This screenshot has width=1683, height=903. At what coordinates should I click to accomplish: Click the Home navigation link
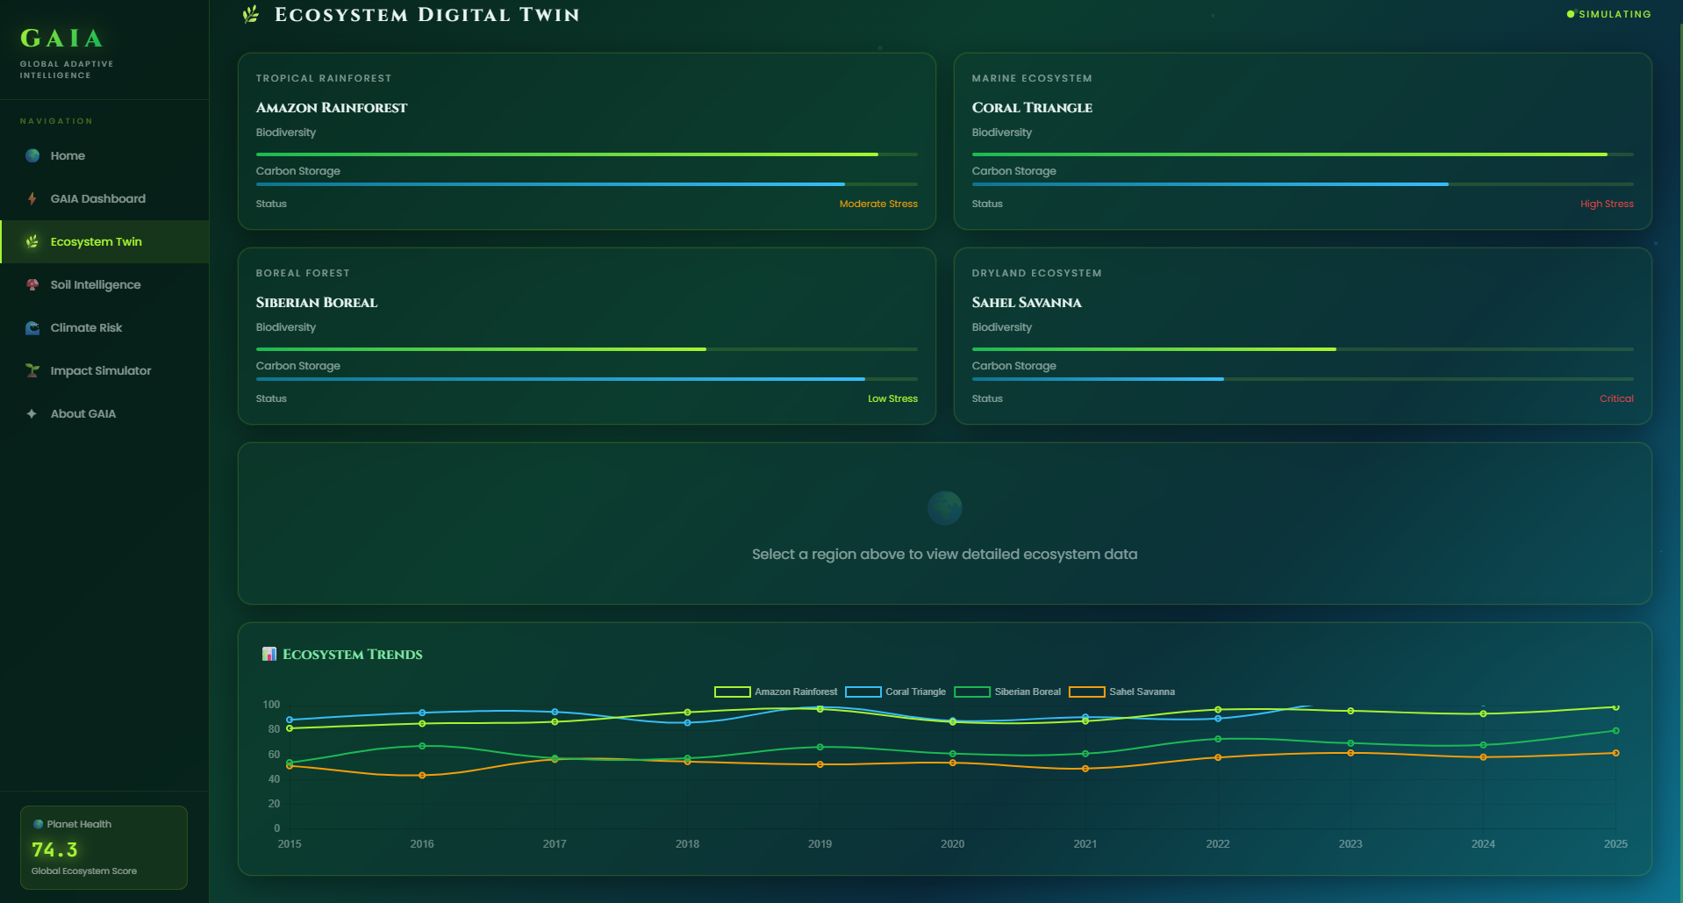point(68,155)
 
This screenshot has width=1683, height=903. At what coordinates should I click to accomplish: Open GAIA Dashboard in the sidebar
point(97,198)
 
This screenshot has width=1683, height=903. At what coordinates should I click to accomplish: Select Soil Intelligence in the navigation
point(95,284)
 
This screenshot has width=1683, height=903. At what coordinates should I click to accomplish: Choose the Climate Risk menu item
point(86,327)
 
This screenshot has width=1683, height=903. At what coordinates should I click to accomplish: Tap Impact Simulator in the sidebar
point(100,370)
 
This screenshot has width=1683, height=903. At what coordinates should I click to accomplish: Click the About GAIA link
point(82,413)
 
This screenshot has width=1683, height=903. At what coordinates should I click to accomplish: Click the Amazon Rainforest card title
point(332,108)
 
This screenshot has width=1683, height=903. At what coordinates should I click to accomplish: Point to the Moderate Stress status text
point(877,204)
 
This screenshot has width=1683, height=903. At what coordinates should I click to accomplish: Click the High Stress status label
point(1606,204)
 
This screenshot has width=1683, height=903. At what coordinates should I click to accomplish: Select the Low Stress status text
point(892,398)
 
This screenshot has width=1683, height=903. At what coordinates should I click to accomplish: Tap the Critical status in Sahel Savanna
point(1615,398)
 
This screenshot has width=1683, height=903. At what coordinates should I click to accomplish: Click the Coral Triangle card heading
point(1032,108)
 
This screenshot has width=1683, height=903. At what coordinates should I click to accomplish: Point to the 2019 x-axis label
point(820,843)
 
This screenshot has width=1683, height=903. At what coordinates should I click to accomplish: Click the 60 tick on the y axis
point(274,755)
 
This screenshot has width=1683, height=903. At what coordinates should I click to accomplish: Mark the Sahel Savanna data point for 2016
point(422,775)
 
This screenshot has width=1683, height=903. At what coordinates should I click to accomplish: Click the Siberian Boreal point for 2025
point(1615,730)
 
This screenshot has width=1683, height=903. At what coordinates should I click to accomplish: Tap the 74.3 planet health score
point(54,849)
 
